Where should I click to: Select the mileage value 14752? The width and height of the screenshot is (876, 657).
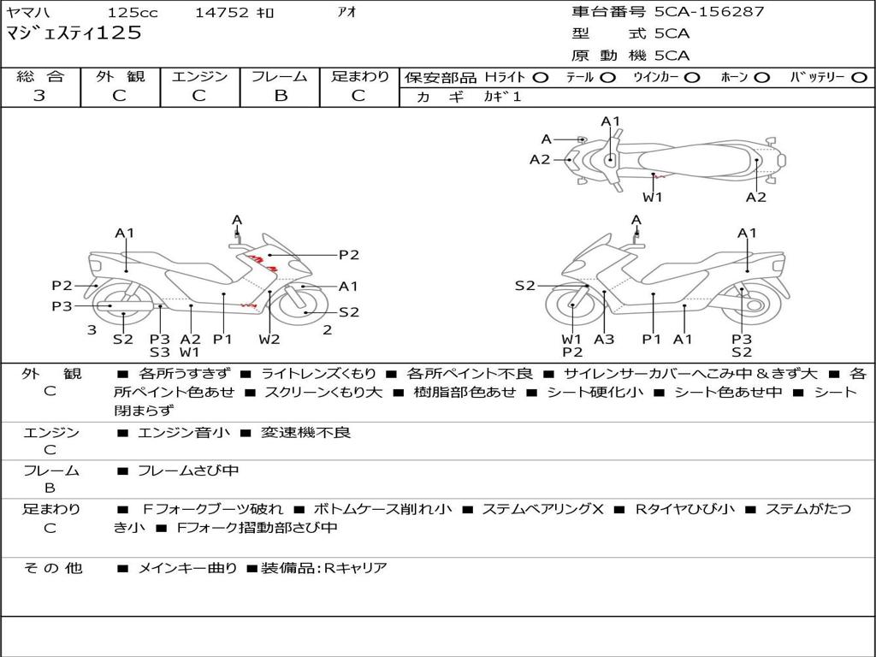click(x=222, y=13)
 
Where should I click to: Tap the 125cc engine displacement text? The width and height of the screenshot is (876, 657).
click(x=133, y=13)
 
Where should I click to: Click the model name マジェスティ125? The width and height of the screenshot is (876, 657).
click(x=74, y=34)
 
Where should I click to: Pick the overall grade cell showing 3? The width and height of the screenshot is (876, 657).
click(x=39, y=96)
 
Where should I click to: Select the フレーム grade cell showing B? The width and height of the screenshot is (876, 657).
click(x=280, y=96)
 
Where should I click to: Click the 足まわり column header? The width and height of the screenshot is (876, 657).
click(x=360, y=77)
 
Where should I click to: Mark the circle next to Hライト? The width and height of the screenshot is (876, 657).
click(x=541, y=78)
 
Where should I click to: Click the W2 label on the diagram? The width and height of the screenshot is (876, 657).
click(x=269, y=339)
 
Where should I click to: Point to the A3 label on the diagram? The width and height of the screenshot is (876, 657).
click(x=604, y=339)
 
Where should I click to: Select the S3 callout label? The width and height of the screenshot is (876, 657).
click(x=160, y=352)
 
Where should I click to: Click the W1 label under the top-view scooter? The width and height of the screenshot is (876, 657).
click(x=653, y=197)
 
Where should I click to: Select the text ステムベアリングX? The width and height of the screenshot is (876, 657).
click(x=542, y=509)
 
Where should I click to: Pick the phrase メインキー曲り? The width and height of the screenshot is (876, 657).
click(x=187, y=567)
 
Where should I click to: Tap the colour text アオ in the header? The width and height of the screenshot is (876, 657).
click(x=346, y=13)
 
